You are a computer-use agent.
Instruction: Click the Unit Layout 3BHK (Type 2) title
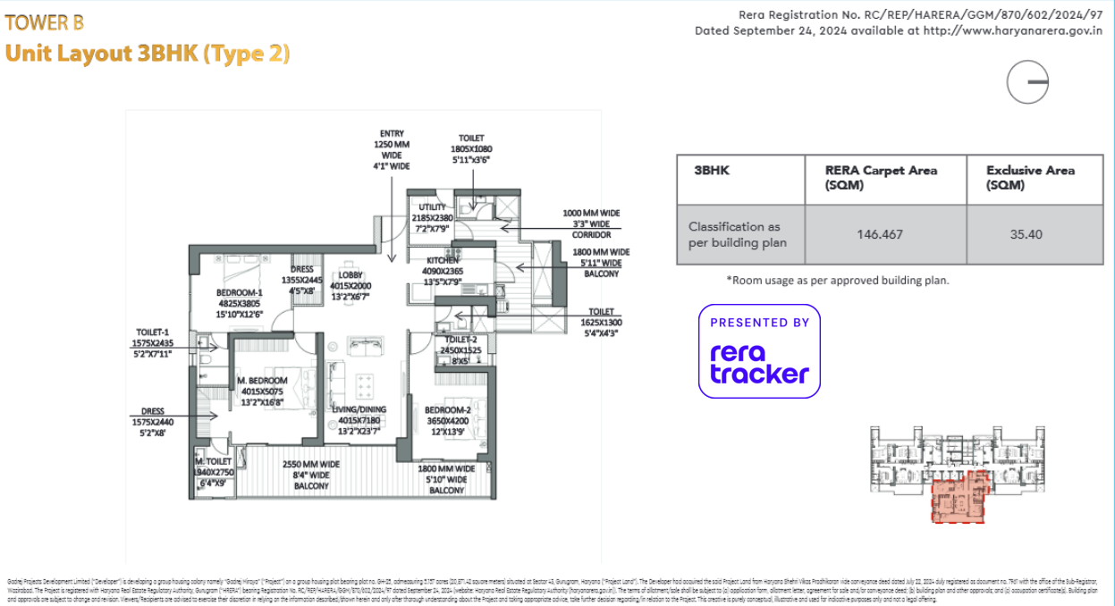[x=148, y=54]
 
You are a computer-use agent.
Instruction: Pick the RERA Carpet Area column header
[x=882, y=177]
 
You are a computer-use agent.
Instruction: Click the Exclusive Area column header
[x=1030, y=177]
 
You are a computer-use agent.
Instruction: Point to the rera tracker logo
[x=759, y=351]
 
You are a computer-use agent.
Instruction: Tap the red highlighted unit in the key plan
[x=957, y=499]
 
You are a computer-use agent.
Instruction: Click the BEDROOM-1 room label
[x=239, y=302]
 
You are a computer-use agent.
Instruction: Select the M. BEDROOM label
[x=261, y=391]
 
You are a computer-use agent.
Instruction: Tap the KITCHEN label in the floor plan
[x=443, y=271]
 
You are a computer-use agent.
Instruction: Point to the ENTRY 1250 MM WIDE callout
[x=392, y=149]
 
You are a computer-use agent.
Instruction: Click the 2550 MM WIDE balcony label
[x=311, y=476]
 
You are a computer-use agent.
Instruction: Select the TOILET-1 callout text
[x=153, y=342]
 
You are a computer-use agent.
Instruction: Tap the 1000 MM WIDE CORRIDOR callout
[x=591, y=223]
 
